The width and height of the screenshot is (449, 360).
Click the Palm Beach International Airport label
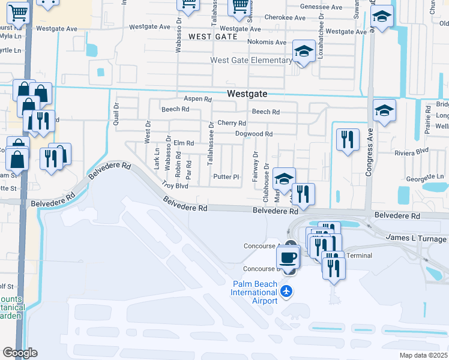(x=255, y=292)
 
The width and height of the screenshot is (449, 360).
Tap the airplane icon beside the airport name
(x=287, y=292)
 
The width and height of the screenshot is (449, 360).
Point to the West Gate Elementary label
(x=250, y=60)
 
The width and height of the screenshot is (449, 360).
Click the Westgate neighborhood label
(x=247, y=94)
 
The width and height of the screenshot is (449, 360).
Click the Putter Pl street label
(x=226, y=177)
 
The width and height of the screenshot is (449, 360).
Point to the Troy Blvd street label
(x=175, y=185)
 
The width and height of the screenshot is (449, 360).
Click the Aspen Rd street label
(x=198, y=99)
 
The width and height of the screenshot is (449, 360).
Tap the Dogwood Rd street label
(x=254, y=134)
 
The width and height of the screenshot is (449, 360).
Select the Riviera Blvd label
(x=411, y=152)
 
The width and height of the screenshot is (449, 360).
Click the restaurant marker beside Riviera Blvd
(x=348, y=140)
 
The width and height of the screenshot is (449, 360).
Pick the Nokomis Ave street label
(x=267, y=42)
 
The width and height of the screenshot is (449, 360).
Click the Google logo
(x=20, y=353)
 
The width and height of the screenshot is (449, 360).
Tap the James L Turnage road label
(x=414, y=239)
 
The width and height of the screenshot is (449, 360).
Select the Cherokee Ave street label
(x=269, y=18)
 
